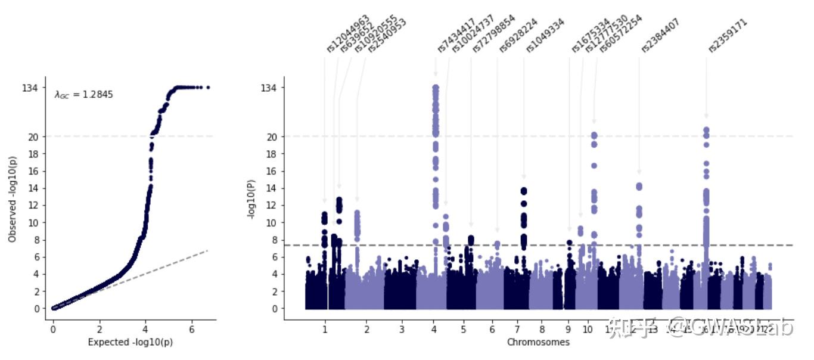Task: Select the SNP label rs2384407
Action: coord(660,36)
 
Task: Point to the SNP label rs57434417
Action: coord(456,36)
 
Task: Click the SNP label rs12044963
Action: coord(348,34)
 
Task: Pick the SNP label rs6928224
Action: coord(518,36)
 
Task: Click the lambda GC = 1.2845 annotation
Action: coord(83,94)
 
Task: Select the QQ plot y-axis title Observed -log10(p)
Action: coord(13,198)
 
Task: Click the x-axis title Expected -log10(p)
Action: coord(130,342)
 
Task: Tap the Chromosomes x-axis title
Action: coord(538,342)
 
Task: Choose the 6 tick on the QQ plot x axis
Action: coord(191,328)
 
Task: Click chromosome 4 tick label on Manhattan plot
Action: coord(434,328)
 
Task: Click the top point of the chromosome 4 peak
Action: coord(436,88)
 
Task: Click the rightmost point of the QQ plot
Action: coord(207,88)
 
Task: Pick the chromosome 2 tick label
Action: coord(366,328)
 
